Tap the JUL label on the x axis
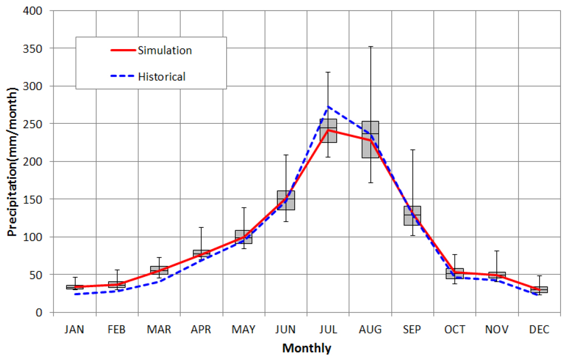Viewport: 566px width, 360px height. point(328,330)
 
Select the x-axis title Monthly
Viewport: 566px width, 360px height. point(307,348)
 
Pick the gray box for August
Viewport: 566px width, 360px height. point(370,140)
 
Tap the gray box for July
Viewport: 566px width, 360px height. point(328,131)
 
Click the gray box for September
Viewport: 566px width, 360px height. point(412,215)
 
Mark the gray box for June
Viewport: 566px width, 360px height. point(286,200)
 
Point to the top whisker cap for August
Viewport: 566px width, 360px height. point(370,47)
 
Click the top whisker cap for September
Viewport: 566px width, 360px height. point(412,150)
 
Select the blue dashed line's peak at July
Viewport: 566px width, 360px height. point(328,106)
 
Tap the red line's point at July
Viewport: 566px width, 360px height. point(328,130)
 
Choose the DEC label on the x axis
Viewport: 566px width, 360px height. point(539,330)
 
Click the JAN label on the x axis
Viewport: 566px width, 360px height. point(75,330)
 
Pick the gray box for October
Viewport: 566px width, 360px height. point(454,273)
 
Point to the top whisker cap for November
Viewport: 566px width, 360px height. point(497,251)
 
